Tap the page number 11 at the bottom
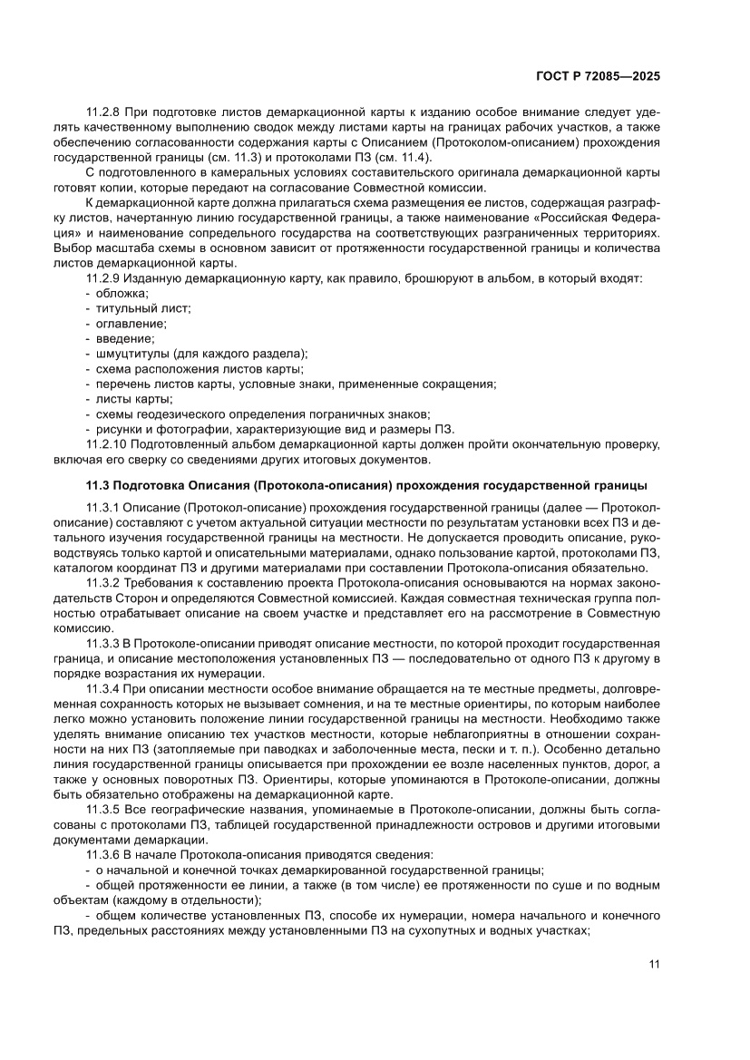[x=654, y=964]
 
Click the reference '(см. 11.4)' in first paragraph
[x=372, y=158]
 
